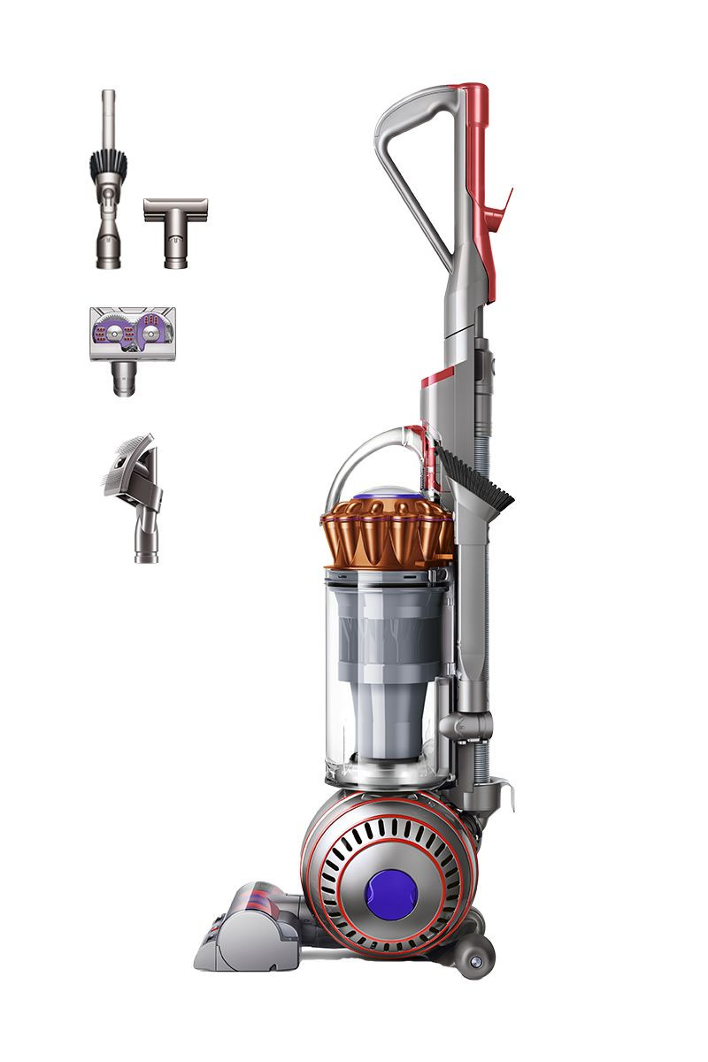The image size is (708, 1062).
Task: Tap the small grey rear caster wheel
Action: (476, 958)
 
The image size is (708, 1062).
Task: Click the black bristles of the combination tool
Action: (109, 164)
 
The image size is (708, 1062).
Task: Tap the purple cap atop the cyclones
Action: (385, 492)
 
